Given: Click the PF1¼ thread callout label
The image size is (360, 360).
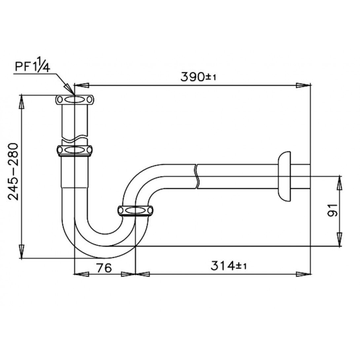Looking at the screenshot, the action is (32, 67).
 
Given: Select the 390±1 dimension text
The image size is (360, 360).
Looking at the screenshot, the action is (198, 77).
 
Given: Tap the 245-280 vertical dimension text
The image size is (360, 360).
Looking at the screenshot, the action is (13, 171).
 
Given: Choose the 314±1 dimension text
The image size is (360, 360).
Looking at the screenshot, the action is (229, 266).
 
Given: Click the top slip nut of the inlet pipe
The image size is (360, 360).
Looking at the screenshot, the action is (75, 100).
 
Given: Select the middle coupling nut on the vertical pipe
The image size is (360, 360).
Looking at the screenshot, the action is (74, 150).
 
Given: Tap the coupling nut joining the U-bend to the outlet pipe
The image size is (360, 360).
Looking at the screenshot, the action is (135, 211).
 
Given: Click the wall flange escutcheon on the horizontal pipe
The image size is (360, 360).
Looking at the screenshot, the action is (284, 176).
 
